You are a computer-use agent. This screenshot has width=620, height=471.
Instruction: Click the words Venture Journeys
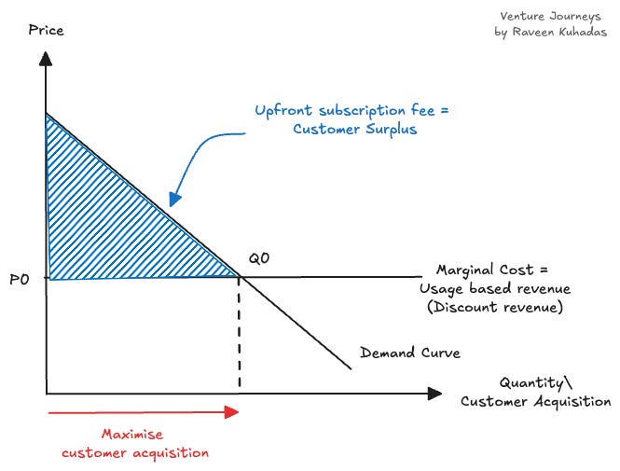550,16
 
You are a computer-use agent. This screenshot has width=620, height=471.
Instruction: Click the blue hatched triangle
103,224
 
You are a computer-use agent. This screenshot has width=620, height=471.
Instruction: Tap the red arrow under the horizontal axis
141,410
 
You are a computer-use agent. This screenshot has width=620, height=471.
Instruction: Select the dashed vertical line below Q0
241,336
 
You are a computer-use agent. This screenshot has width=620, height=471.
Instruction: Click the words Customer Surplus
354,130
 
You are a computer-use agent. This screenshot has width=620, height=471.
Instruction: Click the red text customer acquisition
135,452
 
